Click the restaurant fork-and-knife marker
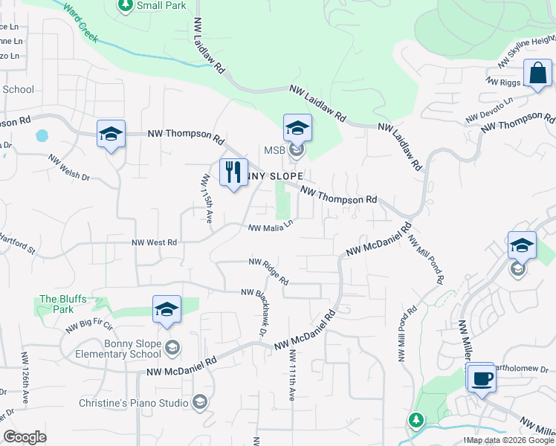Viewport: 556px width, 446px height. click(x=233, y=172)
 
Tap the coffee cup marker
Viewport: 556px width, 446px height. click(x=481, y=377)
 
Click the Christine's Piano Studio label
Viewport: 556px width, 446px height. click(x=134, y=403)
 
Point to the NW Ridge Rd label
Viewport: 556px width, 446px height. click(x=268, y=271)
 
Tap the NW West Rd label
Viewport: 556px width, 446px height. click(x=155, y=242)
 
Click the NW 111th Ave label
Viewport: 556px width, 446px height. click(x=291, y=378)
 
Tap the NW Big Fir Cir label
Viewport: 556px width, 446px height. click(x=88, y=325)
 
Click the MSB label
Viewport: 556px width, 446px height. click(x=275, y=151)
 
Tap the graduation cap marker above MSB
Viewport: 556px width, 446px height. click(x=297, y=127)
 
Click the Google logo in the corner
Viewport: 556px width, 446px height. click(x=25, y=436)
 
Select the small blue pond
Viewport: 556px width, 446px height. click(x=42, y=136)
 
